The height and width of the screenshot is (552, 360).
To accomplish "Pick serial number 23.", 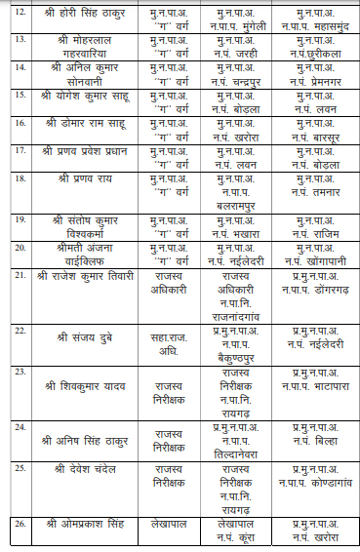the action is [19, 373].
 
